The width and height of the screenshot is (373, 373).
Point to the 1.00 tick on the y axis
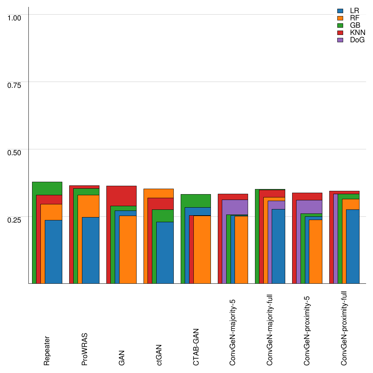pyautogui.click(x=15, y=17)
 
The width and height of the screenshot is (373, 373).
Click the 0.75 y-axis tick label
pyautogui.click(x=15, y=85)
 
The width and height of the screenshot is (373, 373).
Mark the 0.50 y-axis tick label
pyautogui.click(x=15, y=152)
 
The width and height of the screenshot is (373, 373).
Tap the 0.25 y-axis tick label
pyautogui.click(x=15, y=220)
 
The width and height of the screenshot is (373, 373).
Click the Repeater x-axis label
pyautogui.click(x=47, y=350)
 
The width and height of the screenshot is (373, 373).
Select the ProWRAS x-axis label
pyautogui.click(x=84, y=349)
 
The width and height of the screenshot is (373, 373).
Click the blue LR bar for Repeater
pyautogui.click(x=54, y=252)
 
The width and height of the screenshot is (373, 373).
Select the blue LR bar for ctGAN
pyautogui.click(x=165, y=253)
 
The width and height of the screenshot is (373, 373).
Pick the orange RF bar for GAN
pyautogui.click(x=128, y=250)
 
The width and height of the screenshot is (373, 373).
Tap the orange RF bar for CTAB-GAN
pyautogui.click(x=202, y=250)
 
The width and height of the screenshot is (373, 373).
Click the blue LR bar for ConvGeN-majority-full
pyautogui.click(x=279, y=246)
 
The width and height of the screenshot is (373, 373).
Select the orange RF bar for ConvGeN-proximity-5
pyautogui.click(x=316, y=252)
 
